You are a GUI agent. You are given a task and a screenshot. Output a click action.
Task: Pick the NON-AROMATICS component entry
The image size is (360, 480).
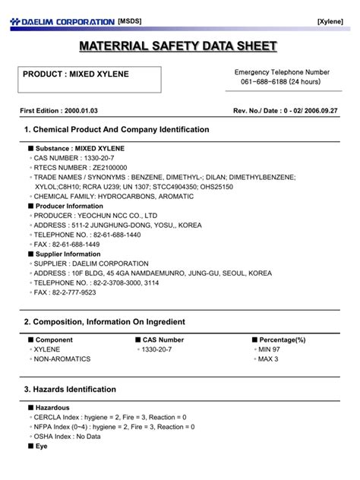click(x=63, y=358)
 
